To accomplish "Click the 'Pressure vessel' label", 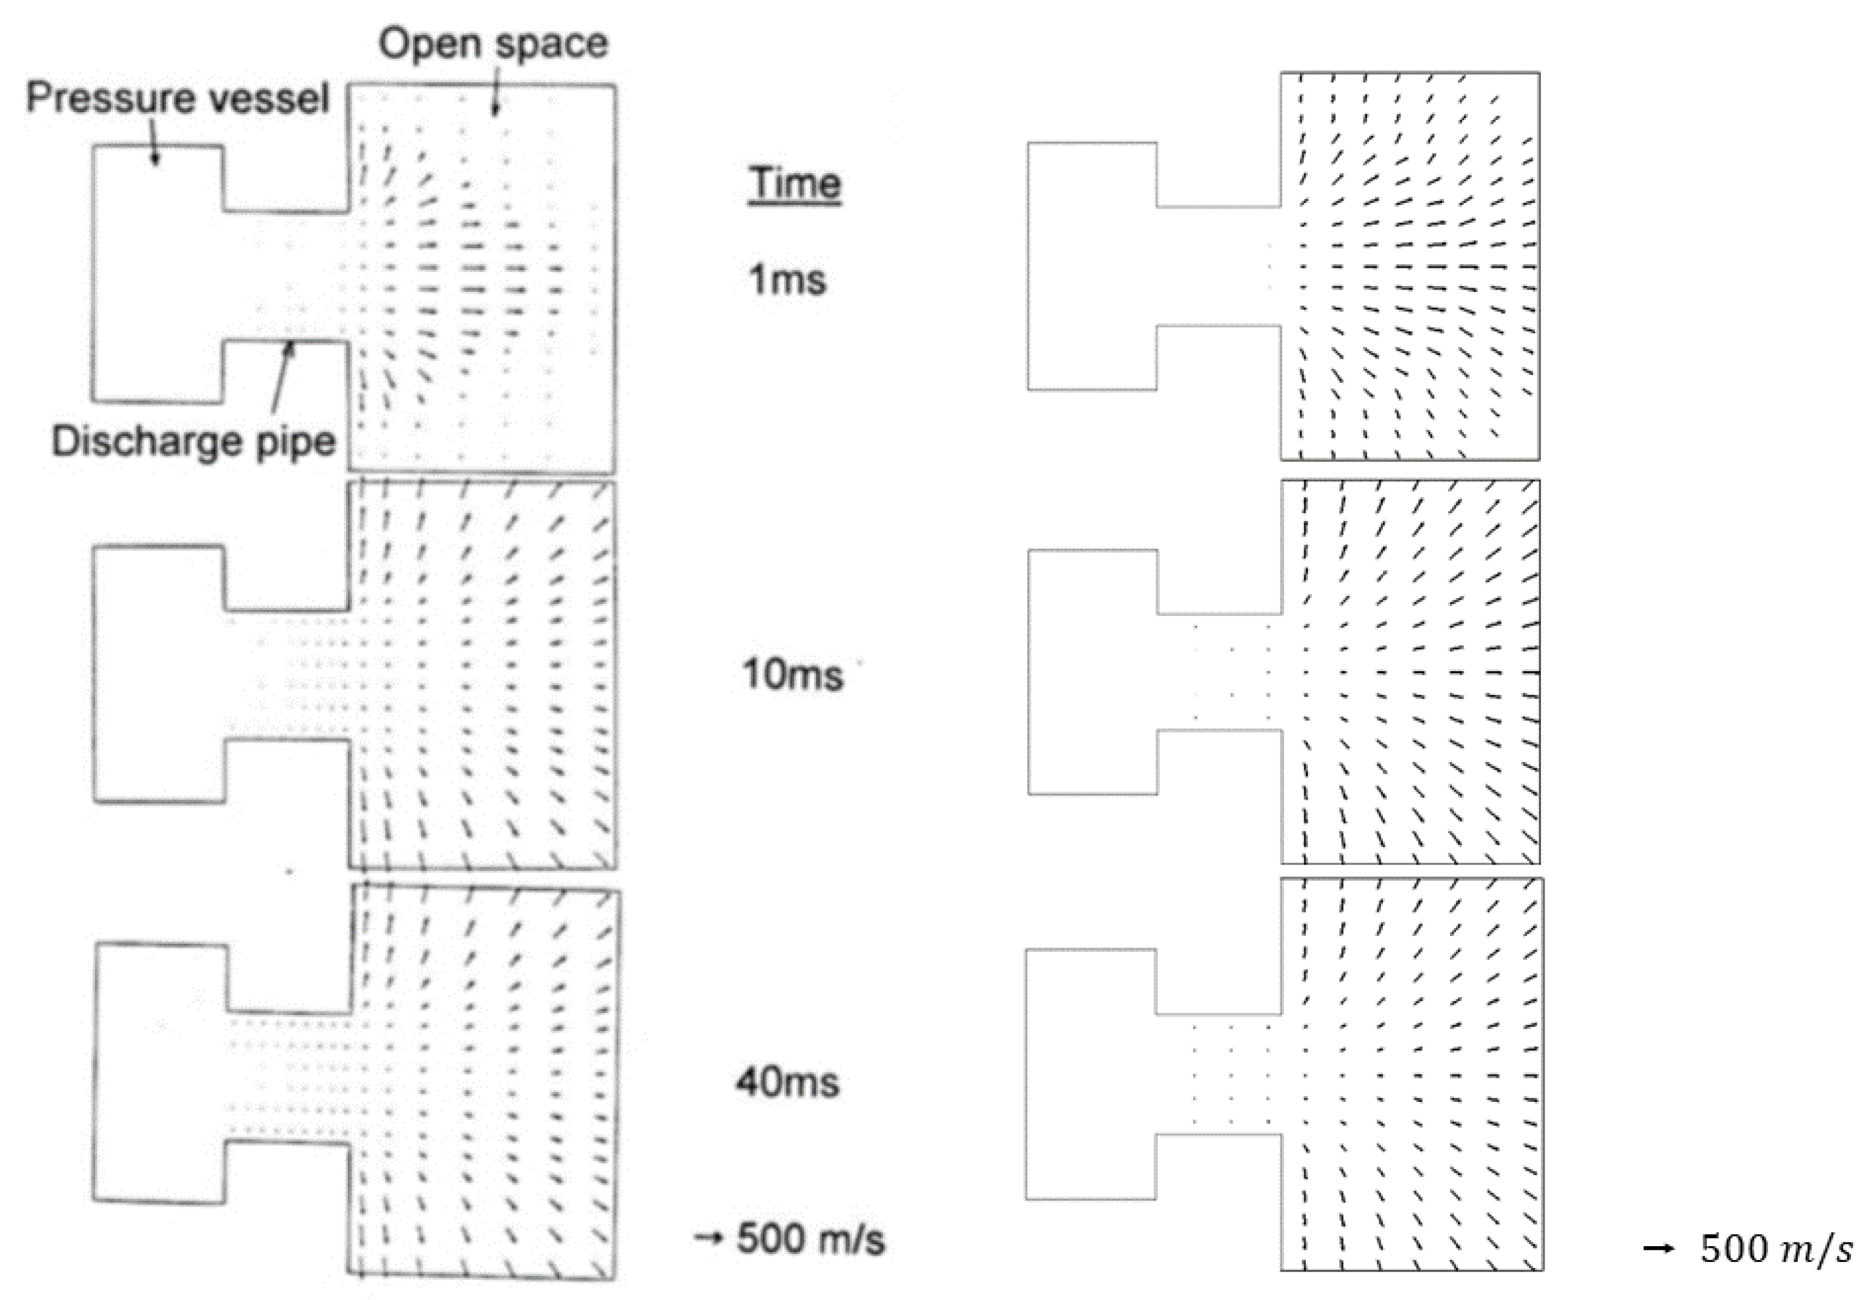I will (177, 98).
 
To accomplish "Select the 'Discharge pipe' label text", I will (194, 441).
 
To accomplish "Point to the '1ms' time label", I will (787, 280).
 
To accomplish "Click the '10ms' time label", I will (792, 674).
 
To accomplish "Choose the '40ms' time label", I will (787, 1083).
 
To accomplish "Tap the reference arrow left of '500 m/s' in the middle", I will (709, 1238).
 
